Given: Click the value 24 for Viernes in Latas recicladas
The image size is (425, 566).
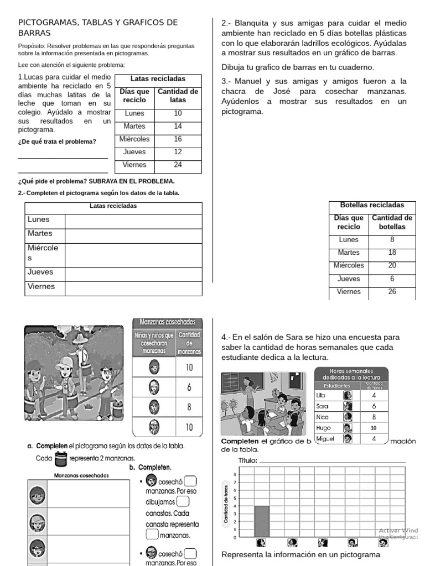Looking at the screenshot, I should [x=178, y=165].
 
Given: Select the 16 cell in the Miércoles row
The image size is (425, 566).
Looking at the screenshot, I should [x=178, y=139].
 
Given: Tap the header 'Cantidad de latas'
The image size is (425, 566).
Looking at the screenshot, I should [x=178, y=96].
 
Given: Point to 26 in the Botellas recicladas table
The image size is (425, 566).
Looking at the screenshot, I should [x=392, y=292].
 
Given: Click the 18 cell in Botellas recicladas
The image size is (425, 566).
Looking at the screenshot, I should [x=392, y=253].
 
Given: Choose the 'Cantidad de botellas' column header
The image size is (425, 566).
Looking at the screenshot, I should [x=392, y=222].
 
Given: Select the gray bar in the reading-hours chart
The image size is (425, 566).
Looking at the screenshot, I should [x=262, y=521].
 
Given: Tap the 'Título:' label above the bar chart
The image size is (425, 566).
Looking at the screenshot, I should [x=247, y=460].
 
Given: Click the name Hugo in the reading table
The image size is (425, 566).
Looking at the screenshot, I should [x=323, y=428].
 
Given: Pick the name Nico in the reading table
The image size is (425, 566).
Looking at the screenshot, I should [x=323, y=417].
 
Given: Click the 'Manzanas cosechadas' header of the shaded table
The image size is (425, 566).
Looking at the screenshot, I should [x=168, y=322].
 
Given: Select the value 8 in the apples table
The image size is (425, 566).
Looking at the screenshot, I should [x=189, y=406].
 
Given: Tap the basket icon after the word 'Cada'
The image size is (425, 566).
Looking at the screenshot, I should [x=61, y=459].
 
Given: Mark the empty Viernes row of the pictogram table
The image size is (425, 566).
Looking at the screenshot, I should [x=133, y=288].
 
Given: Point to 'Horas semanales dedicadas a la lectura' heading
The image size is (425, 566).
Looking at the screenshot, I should [x=351, y=374].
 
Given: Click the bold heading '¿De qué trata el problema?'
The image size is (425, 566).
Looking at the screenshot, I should [x=57, y=141].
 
